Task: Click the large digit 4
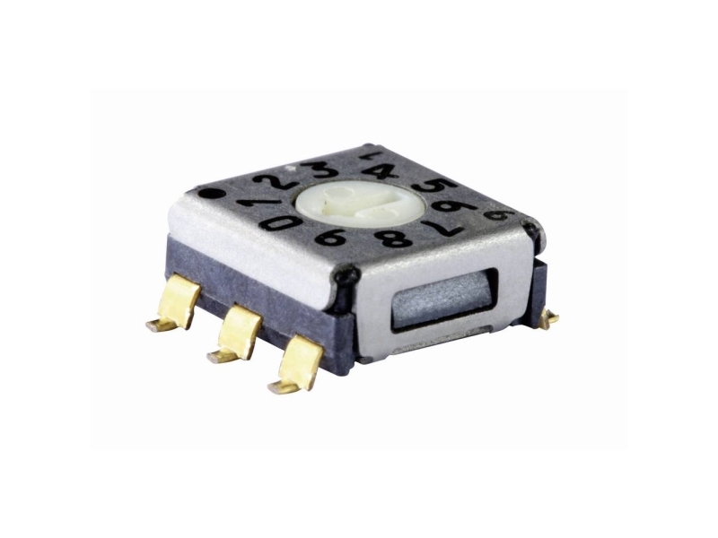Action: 382,171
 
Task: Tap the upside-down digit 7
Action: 440,227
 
